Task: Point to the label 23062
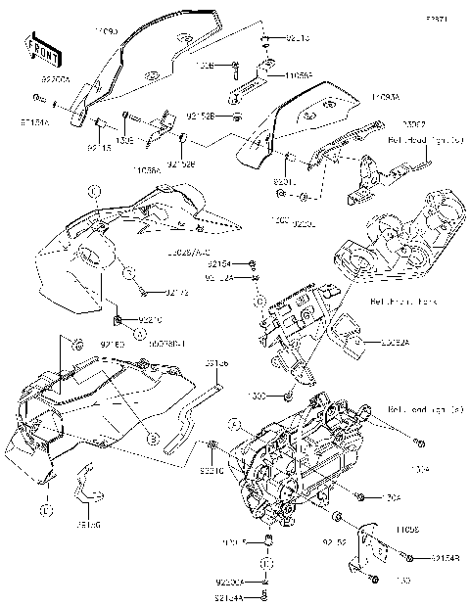click(x=386, y=125)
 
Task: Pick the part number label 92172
click(x=177, y=291)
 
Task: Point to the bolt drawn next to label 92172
click(x=144, y=290)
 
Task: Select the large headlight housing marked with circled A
click(x=294, y=450)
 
